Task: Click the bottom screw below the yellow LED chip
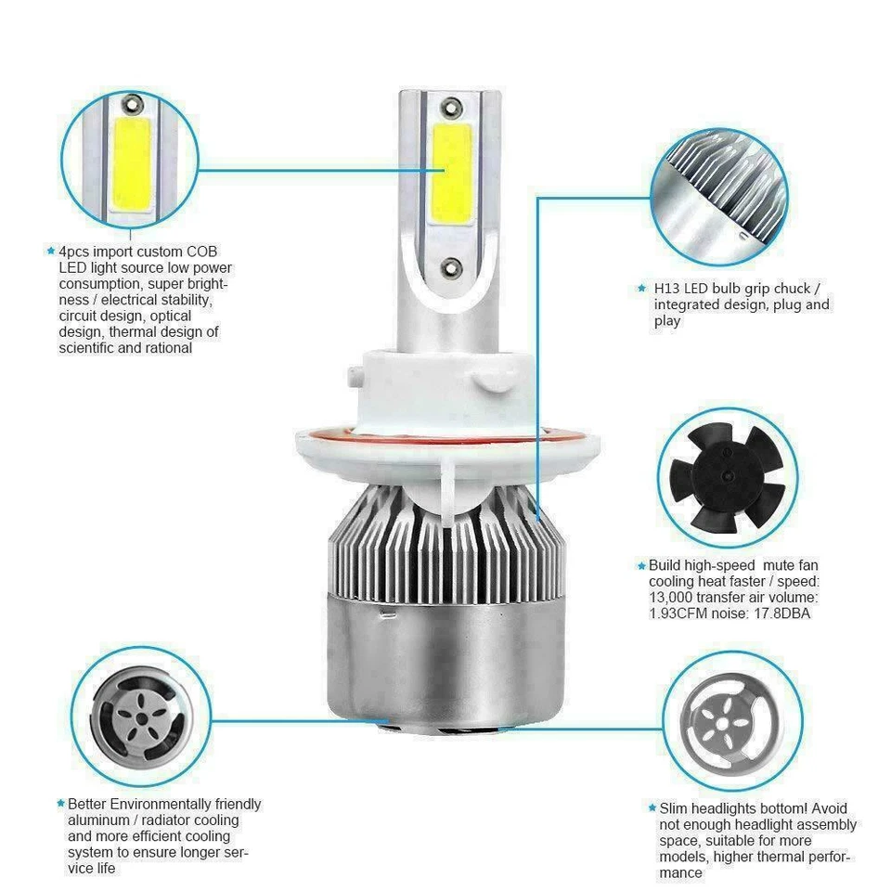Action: click(449, 266)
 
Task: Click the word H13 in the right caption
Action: click(666, 289)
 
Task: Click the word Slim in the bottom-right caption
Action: click(675, 808)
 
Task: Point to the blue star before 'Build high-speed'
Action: click(640, 565)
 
